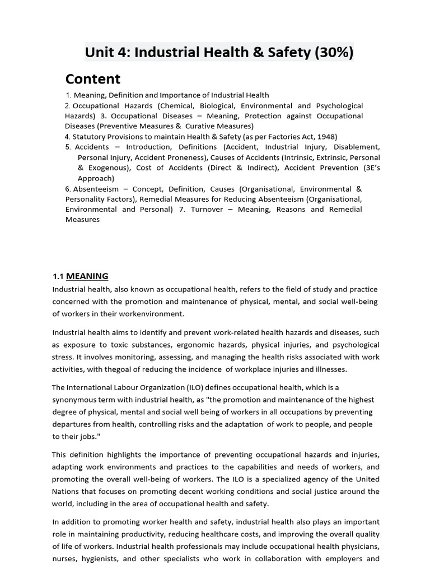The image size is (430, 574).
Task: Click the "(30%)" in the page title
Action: (x=334, y=52)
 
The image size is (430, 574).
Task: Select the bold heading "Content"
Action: (x=92, y=79)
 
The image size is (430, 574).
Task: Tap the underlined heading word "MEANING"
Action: (x=87, y=276)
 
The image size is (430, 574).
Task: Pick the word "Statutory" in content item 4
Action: (x=89, y=136)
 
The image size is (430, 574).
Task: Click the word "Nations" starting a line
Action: (x=67, y=491)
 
